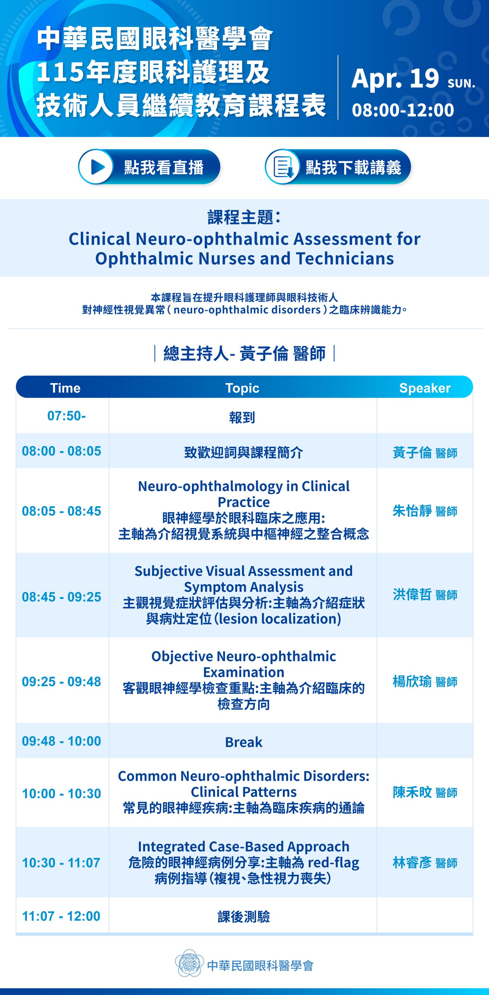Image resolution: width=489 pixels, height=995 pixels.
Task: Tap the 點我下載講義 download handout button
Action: (x=338, y=167)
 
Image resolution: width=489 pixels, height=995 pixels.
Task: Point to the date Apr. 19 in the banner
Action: (x=395, y=78)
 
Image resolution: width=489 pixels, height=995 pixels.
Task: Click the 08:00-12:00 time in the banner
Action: (x=403, y=110)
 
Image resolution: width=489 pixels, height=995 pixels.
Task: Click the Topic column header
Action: (x=242, y=388)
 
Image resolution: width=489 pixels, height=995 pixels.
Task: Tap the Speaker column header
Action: (x=425, y=388)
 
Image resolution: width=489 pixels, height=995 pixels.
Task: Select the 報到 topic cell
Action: (x=242, y=417)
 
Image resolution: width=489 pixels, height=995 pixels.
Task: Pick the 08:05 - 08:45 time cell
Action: (x=61, y=511)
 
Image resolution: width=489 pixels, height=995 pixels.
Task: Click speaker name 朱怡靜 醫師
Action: (x=425, y=511)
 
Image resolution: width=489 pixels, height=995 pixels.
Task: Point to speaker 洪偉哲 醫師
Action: (x=425, y=594)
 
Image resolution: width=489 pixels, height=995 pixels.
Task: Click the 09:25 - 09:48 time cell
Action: (x=61, y=682)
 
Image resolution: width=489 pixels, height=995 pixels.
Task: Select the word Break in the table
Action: (x=244, y=742)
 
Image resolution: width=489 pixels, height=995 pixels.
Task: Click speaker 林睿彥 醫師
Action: (x=425, y=863)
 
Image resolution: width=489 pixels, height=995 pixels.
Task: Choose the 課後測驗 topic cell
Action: (x=244, y=917)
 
